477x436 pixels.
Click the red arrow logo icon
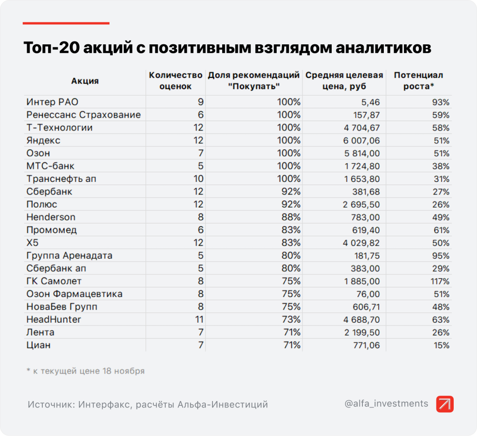pyautogui.click(x=445, y=404)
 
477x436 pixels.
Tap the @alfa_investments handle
pyautogui.click(x=386, y=404)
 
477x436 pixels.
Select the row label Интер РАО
pyautogui.click(x=49, y=102)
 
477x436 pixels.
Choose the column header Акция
pyautogui.click(x=85, y=81)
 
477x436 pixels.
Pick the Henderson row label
pyautogui.click(x=51, y=217)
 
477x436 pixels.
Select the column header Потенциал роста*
pyautogui.click(x=418, y=81)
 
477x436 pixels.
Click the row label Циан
pyautogui.click(x=39, y=345)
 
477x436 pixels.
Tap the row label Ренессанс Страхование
pyautogui.click(x=83, y=115)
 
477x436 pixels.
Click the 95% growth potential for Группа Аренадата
pyautogui.click(x=441, y=256)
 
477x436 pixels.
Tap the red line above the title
pyautogui.click(x=66, y=23)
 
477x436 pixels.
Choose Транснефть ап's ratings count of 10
pyautogui.click(x=198, y=179)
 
